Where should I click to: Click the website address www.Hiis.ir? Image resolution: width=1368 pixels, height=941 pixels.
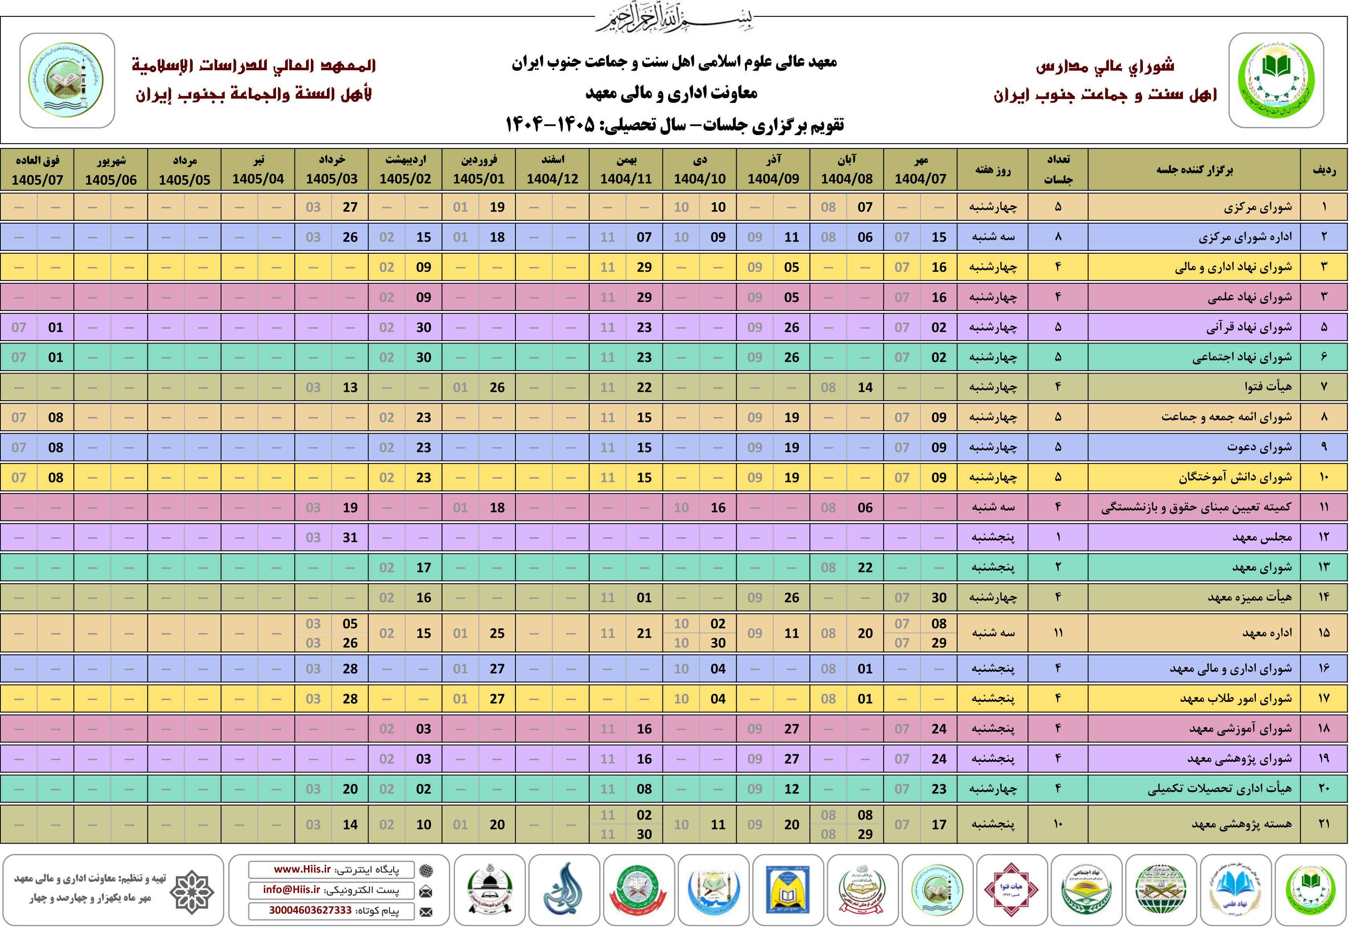click(x=302, y=870)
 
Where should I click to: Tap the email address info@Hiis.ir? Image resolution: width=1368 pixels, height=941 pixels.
click(x=292, y=890)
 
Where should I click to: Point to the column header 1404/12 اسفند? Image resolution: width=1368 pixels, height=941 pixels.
click(x=552, y=170)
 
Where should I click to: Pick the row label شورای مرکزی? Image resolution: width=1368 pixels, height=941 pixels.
click(x=1258, y=207)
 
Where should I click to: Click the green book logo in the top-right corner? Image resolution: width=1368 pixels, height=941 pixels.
click(x=1276, y=80)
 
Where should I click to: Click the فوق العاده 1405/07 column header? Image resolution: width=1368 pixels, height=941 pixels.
click(x=37, y=170)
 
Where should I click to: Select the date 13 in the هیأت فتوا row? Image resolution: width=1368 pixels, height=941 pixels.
click(x=350, y=388)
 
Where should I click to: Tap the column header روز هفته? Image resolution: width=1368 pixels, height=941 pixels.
click(x=993, y=170)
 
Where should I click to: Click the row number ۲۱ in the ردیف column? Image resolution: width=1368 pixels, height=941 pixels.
click(x=1324, y=824)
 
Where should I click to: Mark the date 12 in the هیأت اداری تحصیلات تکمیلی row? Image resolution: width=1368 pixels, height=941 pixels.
click(x=792, y=789)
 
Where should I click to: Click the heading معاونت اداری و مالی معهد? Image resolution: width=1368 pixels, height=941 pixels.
click(x=671, y=93)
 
